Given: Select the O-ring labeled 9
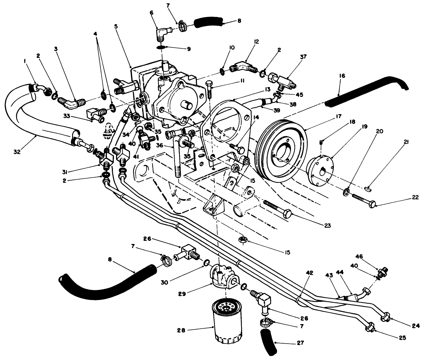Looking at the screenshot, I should pyautogui.click(x=161, y=47).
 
